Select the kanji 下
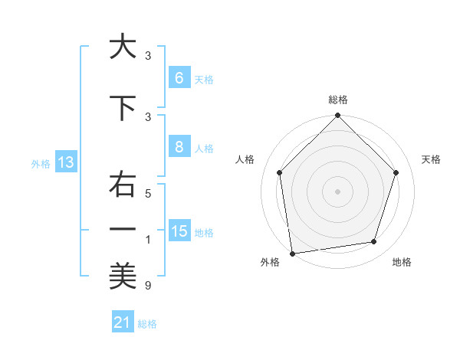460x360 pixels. [x=122, y=108]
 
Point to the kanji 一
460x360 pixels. [x=122, y=228]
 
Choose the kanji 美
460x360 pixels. [x=122, y=277]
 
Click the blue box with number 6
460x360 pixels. [x=179, y=78]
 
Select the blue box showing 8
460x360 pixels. [x=179, y=147]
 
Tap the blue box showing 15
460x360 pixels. [x=179, y=231]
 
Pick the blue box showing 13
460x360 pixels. [x=65, y=162]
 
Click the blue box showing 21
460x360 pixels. [x=122, y=322]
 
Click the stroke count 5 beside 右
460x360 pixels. [x=148, y=194]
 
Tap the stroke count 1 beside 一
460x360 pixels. [x=148, y=241]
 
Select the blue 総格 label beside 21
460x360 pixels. [x=147, y=324]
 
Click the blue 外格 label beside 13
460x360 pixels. [x=40, y=163]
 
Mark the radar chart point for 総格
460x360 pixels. [x=337, y=116]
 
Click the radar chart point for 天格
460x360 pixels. [x=396, y=172]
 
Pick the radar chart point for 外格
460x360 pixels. [x=292, y=253]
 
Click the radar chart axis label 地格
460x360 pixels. [x=402, y=262]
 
